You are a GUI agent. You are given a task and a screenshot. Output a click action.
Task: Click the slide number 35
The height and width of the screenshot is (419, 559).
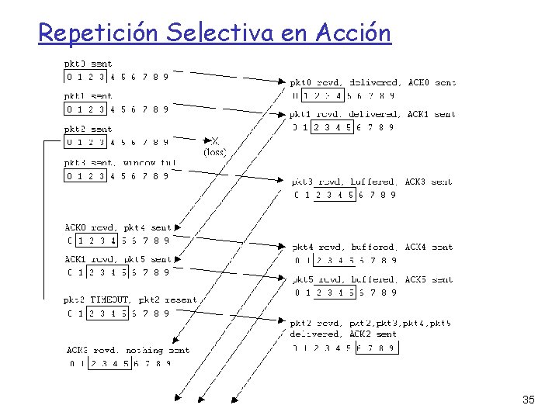[x=528, y=400]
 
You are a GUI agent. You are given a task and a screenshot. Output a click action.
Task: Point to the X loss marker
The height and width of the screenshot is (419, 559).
[x=215, y=141]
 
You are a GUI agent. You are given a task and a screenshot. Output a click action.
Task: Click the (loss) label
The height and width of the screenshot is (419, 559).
[x=215, y=153]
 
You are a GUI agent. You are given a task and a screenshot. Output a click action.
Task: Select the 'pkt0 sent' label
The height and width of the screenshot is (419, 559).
[x=88, y=64]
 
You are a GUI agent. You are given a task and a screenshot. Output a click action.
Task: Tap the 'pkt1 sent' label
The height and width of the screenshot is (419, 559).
[x=88, y=96]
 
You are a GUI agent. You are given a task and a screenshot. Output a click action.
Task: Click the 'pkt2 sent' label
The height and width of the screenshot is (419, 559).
[x=88, y=129]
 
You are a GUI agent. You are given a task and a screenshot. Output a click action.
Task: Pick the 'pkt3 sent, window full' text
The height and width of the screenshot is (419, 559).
[x=120, y=163]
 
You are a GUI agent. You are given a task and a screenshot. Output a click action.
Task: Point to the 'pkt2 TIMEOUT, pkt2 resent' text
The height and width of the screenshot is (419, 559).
[x=130, y=300]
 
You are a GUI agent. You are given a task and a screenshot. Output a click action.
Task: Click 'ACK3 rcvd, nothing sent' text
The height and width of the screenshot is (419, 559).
[x=128, y=350]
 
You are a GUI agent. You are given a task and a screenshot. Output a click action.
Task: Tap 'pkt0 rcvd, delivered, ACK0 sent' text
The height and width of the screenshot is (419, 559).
[x=373, y=82]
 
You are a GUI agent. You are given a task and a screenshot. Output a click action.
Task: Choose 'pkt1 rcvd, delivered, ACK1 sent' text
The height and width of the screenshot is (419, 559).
[x=373, y=115]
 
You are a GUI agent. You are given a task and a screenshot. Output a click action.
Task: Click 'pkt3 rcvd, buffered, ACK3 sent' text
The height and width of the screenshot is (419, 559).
[x=372, y=182]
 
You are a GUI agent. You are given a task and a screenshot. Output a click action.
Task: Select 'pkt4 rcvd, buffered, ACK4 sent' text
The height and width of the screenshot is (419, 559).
[x=372, y=247]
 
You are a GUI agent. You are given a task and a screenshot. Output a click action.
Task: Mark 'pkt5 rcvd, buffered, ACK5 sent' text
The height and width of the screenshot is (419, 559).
[x=372, y=279]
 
